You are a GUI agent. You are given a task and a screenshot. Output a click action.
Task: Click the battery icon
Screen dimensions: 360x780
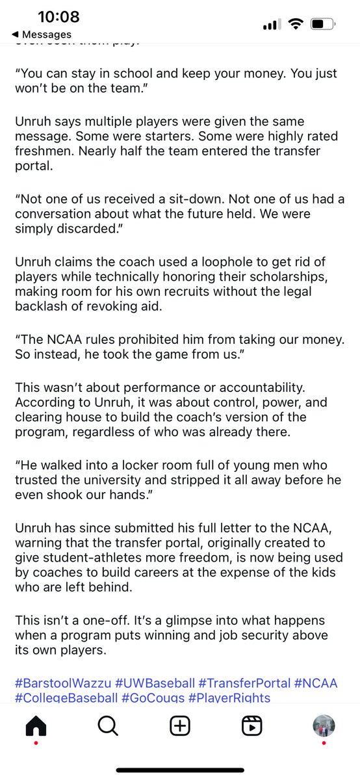322,24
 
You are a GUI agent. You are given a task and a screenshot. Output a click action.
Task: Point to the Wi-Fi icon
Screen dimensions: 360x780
296,24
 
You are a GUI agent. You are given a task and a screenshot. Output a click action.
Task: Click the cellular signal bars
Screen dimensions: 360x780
270,25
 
